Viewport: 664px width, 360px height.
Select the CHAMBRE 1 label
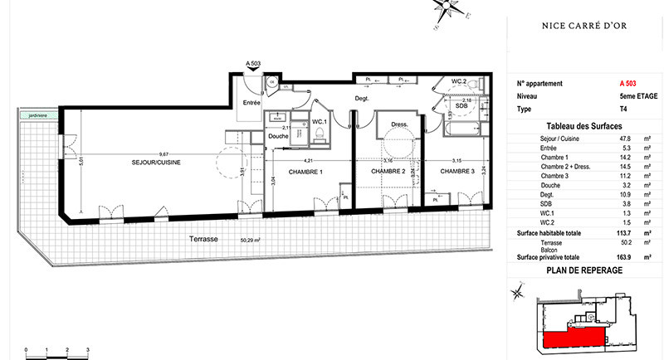coord(305,172)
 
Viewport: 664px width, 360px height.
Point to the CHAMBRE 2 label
coord(387,172)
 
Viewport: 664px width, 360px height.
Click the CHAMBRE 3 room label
coord(457,172)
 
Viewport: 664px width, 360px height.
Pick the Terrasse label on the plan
coord(203,238)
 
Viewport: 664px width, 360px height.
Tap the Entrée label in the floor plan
coord(251,102)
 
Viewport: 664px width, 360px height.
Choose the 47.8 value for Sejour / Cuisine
coord(627,138)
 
